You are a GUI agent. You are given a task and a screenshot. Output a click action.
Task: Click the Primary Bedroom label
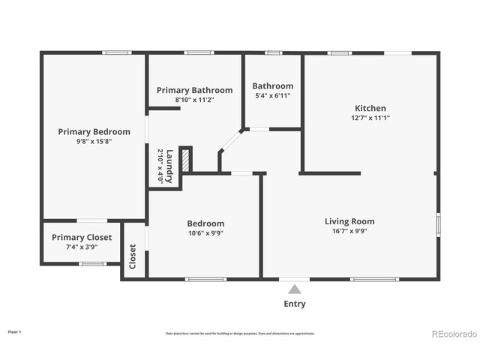coord(94,131)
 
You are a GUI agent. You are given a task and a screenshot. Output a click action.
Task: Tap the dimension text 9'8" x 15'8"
coord(94,142)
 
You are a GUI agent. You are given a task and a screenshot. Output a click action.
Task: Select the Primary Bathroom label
coord(194,90)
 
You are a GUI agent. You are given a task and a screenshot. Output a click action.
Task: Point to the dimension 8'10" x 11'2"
coord(194,100)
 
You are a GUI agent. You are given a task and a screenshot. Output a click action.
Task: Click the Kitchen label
coord(370,108)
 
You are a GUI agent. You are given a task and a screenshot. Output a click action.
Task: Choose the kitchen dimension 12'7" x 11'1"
coord(370,118)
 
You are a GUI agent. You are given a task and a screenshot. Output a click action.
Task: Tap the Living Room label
coord(349,221)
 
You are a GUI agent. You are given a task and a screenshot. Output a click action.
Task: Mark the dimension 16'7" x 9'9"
coord(349,232)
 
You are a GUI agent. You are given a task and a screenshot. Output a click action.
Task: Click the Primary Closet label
coord(82,237)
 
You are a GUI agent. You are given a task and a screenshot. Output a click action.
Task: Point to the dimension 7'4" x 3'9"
coord(82,247)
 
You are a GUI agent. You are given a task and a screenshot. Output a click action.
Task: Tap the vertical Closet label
coord(133,257)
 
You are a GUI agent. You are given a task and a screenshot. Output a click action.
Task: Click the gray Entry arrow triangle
coord(295,289)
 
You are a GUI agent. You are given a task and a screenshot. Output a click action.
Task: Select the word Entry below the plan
coord(295,304)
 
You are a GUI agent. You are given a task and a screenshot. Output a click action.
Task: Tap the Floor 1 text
coord(15,331)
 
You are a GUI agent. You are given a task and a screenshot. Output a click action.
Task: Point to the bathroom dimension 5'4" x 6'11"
coord(272,96)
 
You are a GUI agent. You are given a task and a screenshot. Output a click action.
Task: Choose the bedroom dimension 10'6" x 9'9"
coord(205,233)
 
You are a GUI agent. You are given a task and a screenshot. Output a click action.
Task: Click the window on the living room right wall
coord(438,225)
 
